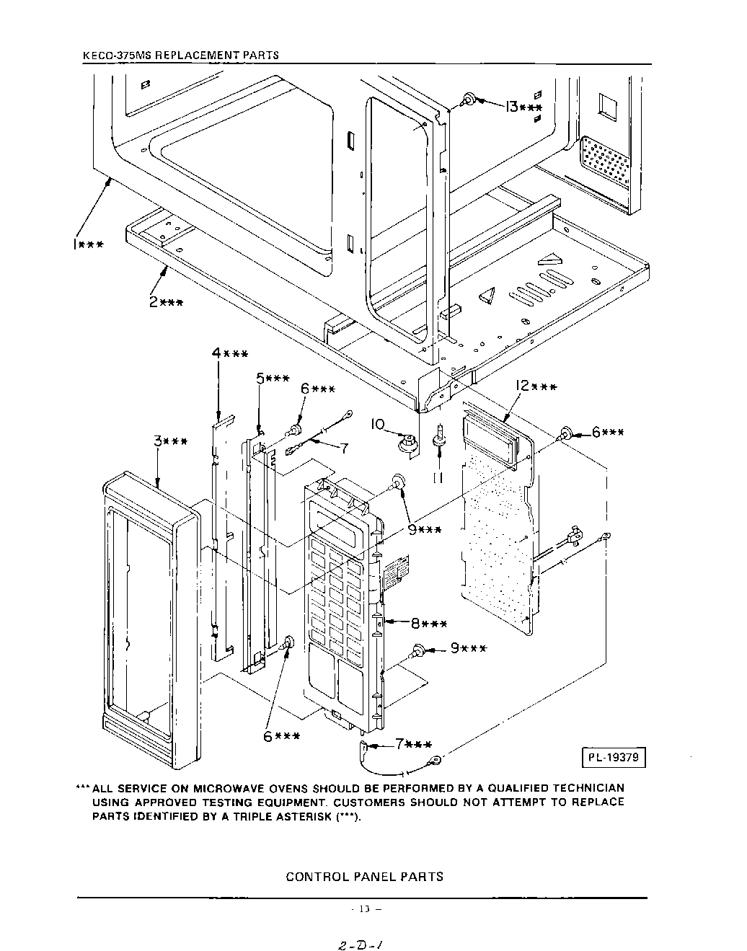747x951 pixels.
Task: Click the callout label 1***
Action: pyautogui.click(x=87, y=244)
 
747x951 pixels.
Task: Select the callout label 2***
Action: pyautogui.click(x=165, y=303)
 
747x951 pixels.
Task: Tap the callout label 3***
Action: pyautogui.click(x=170, y=441)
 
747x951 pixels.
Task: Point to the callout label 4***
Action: pyautogui.click(x=230, y=353)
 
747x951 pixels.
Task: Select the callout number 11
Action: pyautogui.click(x=437, y=477)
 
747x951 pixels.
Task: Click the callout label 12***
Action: pyautogui.click(x=534, y=387)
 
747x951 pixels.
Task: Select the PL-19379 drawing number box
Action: pyautogui.click(x=613, y=758)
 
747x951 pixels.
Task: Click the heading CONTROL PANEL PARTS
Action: pyautogui.click(x=364, y=877)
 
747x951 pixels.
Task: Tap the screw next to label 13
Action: pyautogui.click(x=469, y=99)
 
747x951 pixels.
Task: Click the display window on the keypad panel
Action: pyautogui.click(x=338, y=523)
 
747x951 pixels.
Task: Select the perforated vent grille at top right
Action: pyautogui.click(x=606, y=165)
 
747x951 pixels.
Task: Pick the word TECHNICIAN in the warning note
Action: pyautogui.click(x=585, y=788)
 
